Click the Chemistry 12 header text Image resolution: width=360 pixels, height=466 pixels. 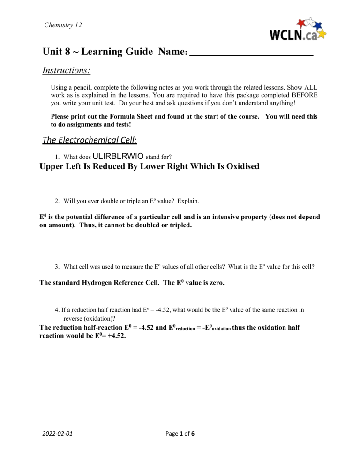coord(62,24)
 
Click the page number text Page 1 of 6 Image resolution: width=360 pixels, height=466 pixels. coord(180,433)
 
